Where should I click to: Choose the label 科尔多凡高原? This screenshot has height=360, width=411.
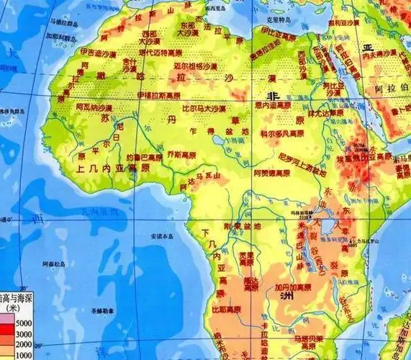coord(283,134)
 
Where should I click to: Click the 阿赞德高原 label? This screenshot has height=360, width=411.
coord(274,174)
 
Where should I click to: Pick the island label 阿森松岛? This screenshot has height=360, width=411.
coord(48,263)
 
